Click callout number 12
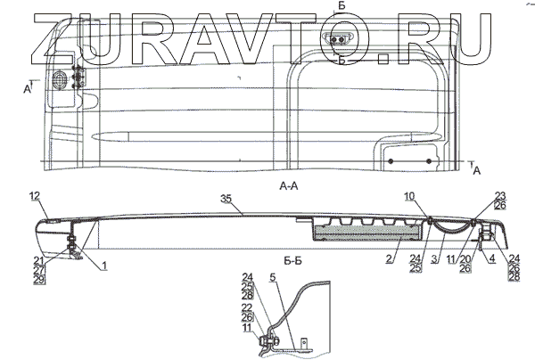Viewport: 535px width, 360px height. coord(34,195)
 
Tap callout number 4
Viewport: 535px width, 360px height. coord(492,260)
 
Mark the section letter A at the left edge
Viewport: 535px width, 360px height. coord(28,90)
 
